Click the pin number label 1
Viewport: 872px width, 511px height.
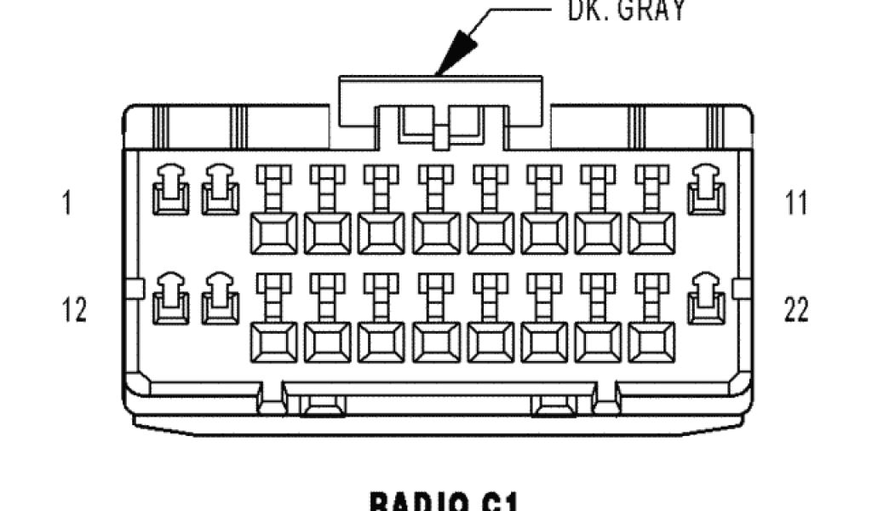coord(66,204)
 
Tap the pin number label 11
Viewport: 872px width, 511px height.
coord(797,204)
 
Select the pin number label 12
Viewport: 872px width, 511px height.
coord(75,310)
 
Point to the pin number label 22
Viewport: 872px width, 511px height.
coord(796,310)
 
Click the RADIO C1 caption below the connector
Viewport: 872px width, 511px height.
coord(442,501)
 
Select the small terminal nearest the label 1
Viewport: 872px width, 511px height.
coord(170,189)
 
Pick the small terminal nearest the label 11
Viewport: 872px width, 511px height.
coord(706,189)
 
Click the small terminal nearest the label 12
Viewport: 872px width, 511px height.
coord(170,299)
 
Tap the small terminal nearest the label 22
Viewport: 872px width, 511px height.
coord(706,299)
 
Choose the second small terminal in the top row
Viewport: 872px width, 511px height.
coord(220,189)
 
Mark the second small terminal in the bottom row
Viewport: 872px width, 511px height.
coord(220,299)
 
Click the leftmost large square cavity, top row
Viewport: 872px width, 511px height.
coord(273,233)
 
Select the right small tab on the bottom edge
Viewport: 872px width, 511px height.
coord(554,408)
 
